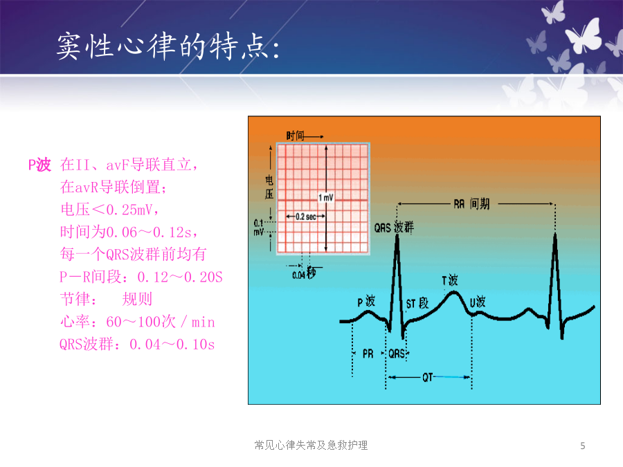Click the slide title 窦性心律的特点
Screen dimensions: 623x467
pyautogui.click(x=163, y=46)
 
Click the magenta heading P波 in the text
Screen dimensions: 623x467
pyautogui.click(x=39, y=165)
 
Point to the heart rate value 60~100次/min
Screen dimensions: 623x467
pyautogui.click(x=161, y=322)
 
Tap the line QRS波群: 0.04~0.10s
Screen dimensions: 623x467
pyautogui.click(x=137, y=345)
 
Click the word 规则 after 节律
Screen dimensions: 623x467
pyautogui.click(x=137, y=299)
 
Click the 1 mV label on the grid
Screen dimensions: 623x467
pyautogui.click(x=326, y=197)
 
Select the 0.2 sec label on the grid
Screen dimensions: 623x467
pyautogui.click(x=305, y=217)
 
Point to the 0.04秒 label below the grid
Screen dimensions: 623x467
pyautogui.click(x=304, y=273)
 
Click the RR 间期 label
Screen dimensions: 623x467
pyautogui.click(x=471, y=204)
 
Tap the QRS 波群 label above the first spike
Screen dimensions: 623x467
pyautogui.click(x=394, y=228)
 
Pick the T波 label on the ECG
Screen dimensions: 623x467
pyautogui.click(x=450, y=280)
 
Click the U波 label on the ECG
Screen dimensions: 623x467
pyautogui.click(x=478, y=302)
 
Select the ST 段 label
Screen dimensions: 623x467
pyautogui.click(x=417, y=304)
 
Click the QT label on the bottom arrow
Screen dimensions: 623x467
pyautogui.click(x=428, y=377)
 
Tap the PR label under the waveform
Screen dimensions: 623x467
pyautogui.click(x=368, y=354)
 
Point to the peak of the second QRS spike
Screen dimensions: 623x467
pyautogui.click(x=555, y=235)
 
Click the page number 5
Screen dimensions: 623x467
pyautogui.click(x=582, y=446)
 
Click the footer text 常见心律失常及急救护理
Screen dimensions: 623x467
pyautogui.click(x=311, y=445)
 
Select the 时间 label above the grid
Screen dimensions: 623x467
pyautogui.click(x=295, y=136)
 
